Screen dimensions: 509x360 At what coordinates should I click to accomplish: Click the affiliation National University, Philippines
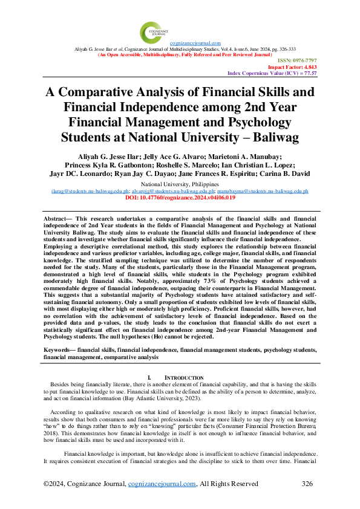click(180, 183)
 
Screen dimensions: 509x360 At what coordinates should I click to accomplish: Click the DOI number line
click(180, 196)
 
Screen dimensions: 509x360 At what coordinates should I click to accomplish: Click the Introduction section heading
click(185, 378)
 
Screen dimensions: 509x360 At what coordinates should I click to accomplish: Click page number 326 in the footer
click(308, 484)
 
